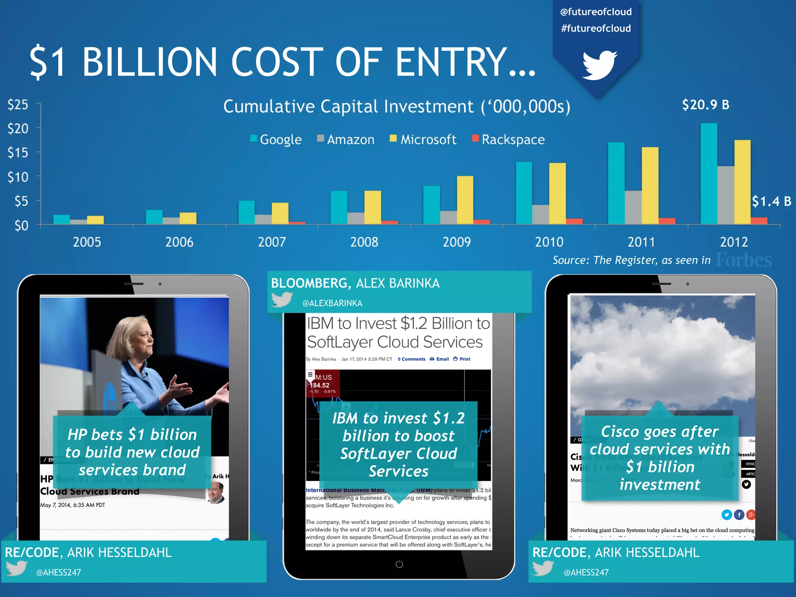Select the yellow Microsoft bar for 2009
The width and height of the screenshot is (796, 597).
click(x=465, y=200)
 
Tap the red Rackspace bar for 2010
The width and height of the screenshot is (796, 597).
click(x=574, y=221)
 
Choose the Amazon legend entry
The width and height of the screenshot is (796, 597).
click(x=346, y=139)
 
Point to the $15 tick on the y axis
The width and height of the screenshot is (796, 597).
click(x=18, y=152)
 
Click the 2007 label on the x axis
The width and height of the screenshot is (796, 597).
click(x=272, y=242)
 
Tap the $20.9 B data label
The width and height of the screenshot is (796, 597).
click(x=705, y=105)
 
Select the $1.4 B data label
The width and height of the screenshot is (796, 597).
click(x=771, y=201)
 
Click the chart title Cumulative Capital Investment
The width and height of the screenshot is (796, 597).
click(x=396, y=106)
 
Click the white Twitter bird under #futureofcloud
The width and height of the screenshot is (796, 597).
click(x=599, y=65)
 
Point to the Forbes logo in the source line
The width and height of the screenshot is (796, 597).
click(x=744, y=260)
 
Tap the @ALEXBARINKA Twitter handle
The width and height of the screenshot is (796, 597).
click(x=332, y=303)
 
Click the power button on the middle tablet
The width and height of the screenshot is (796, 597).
click(x=399, y=564)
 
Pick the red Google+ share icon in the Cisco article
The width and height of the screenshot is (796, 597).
click(x=751, y=515)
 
